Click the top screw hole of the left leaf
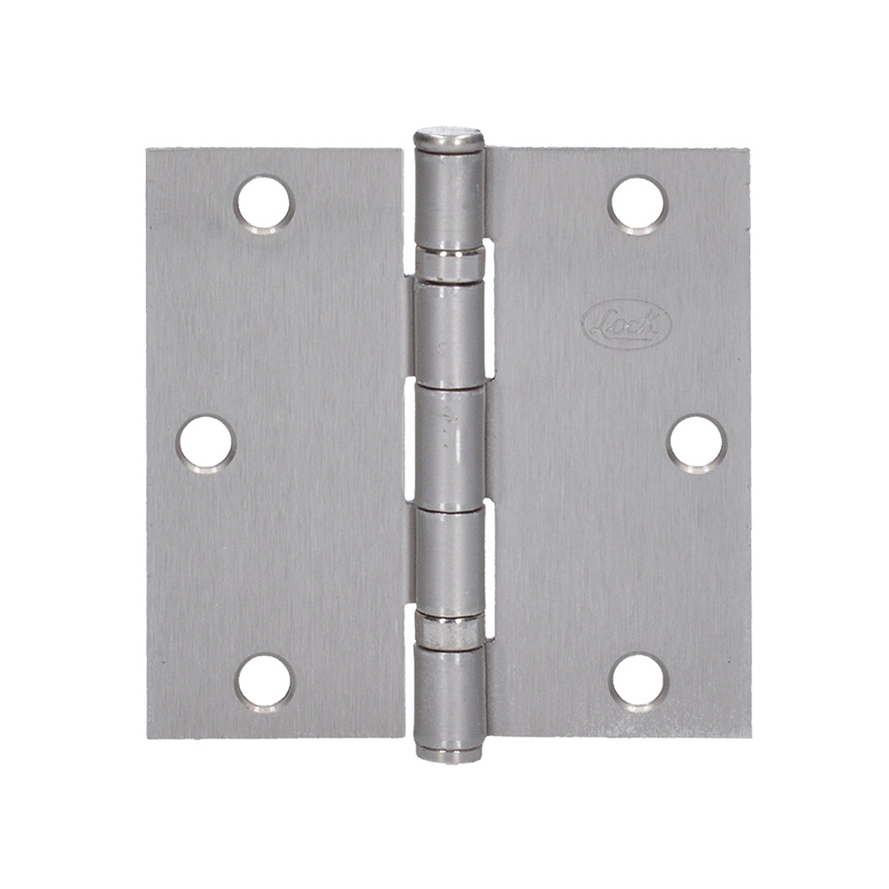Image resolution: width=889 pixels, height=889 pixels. [263, 202]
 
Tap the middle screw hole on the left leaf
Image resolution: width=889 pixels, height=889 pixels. [205, 442]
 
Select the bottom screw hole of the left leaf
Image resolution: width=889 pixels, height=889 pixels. [264, 682]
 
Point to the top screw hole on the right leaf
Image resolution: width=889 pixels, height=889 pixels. [637, 204]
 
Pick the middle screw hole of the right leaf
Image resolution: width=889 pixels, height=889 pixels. [696, 443]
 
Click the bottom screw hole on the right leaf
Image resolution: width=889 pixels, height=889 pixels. [638, 682]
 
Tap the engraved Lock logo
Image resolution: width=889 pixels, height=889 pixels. [626, 325]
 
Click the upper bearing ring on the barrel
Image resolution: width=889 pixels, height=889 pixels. [450, 263]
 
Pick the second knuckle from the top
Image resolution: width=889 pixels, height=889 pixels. [450, 333]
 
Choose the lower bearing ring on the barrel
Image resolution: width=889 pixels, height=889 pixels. [450, 626]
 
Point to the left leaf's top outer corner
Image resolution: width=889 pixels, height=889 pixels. [148, 150]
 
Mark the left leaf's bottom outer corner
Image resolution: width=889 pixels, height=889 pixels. [148, 737]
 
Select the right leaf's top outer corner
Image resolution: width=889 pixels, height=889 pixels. [749, 150]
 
